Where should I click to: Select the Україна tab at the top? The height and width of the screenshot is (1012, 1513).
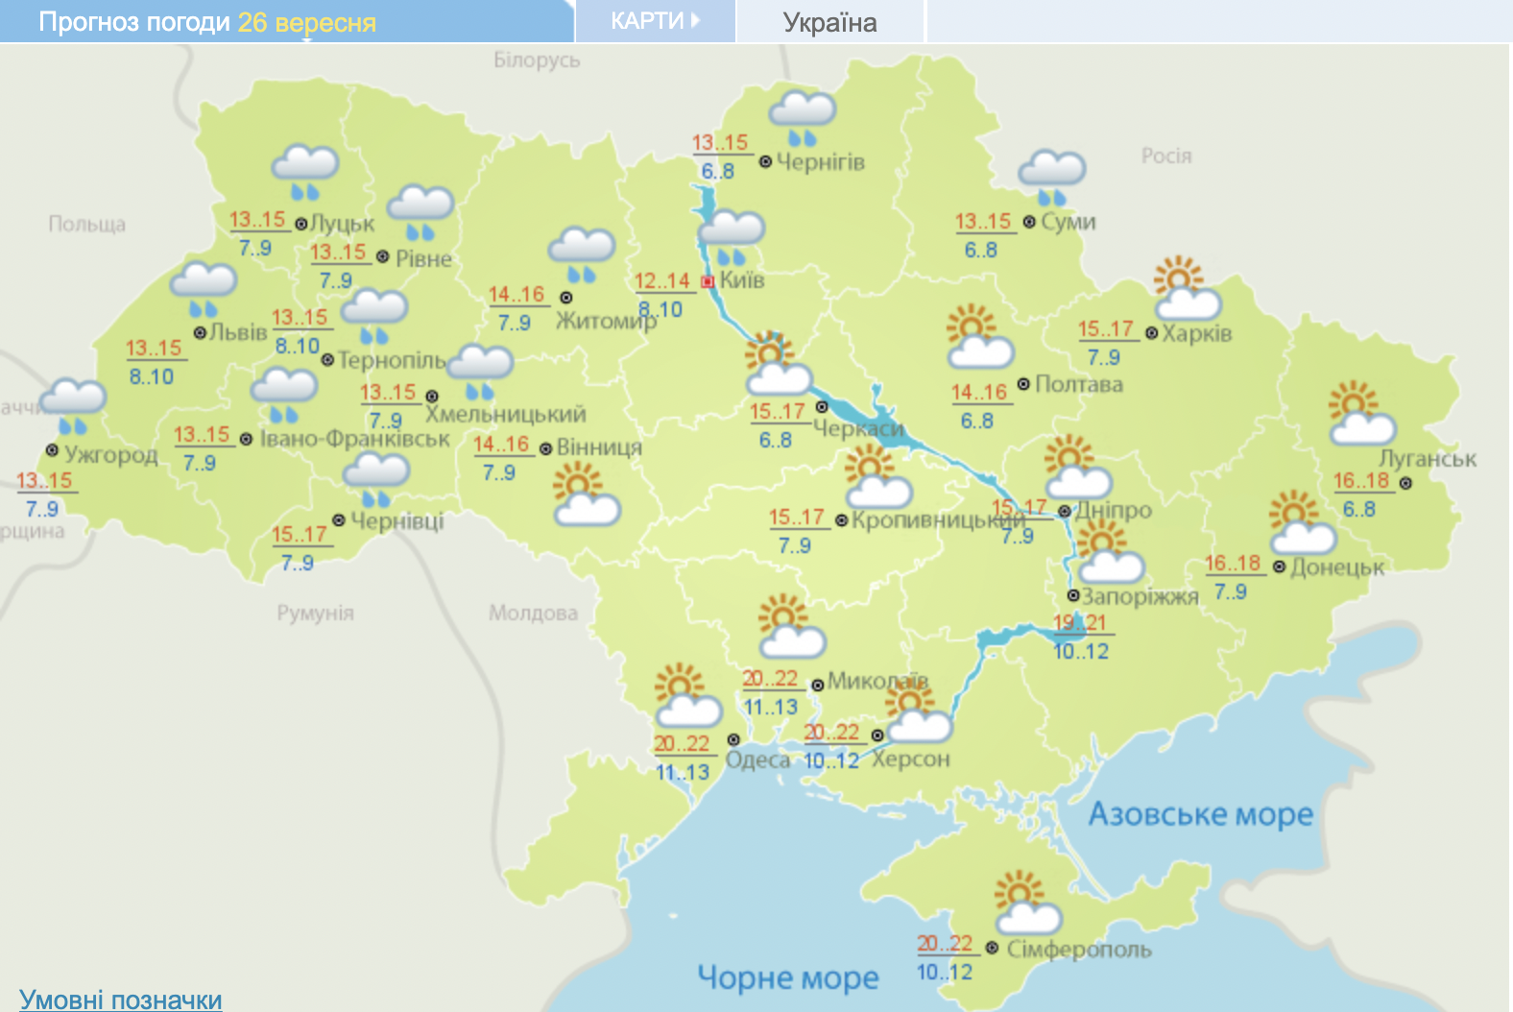829,22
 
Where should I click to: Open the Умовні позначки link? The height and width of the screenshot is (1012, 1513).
121,1000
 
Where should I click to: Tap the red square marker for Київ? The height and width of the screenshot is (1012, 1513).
708,281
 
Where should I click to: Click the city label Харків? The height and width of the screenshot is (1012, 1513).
1196,334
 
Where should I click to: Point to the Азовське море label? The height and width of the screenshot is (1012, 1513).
1200,814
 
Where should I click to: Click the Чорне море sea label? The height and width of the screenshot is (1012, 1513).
787,977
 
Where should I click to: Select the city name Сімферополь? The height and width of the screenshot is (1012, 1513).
1078,950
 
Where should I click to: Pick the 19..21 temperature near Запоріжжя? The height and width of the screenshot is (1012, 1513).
1080,622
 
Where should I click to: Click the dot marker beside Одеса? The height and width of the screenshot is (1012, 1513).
733,739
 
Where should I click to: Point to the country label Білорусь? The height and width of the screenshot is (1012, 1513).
537,60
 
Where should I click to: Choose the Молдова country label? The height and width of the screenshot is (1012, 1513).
533,613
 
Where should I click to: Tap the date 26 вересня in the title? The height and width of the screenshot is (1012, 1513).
306,22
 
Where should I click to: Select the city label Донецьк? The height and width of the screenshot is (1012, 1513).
1336,567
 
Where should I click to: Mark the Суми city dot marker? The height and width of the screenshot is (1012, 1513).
1029,222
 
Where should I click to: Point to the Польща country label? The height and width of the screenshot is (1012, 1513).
87,224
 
